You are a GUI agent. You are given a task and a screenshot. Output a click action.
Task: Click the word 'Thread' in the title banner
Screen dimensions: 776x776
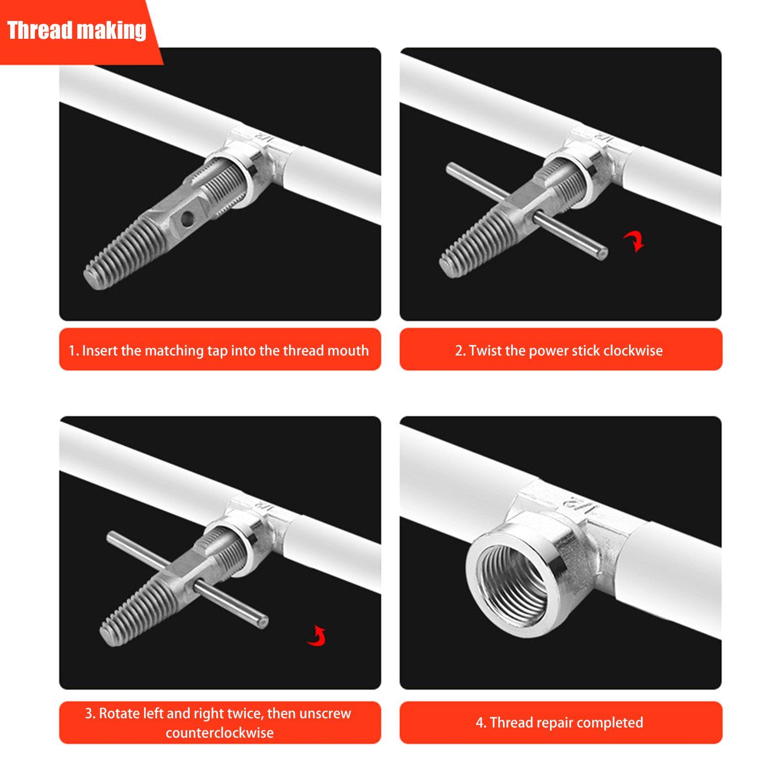coord(40,30)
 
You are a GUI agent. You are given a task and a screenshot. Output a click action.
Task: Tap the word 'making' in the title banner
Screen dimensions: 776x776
coord(112,31)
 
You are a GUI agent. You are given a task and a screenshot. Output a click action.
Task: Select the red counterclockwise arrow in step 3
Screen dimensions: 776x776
coord(318,636)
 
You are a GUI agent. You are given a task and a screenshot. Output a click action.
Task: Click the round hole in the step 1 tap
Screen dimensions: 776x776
coord(187,220)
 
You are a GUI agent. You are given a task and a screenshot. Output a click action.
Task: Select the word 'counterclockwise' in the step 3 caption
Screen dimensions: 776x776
coord(220,732)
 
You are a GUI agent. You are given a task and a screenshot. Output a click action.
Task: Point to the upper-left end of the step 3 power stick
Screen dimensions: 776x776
coord(111,536)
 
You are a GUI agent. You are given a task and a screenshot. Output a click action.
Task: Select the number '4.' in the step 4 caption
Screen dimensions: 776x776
coord(481,723)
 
